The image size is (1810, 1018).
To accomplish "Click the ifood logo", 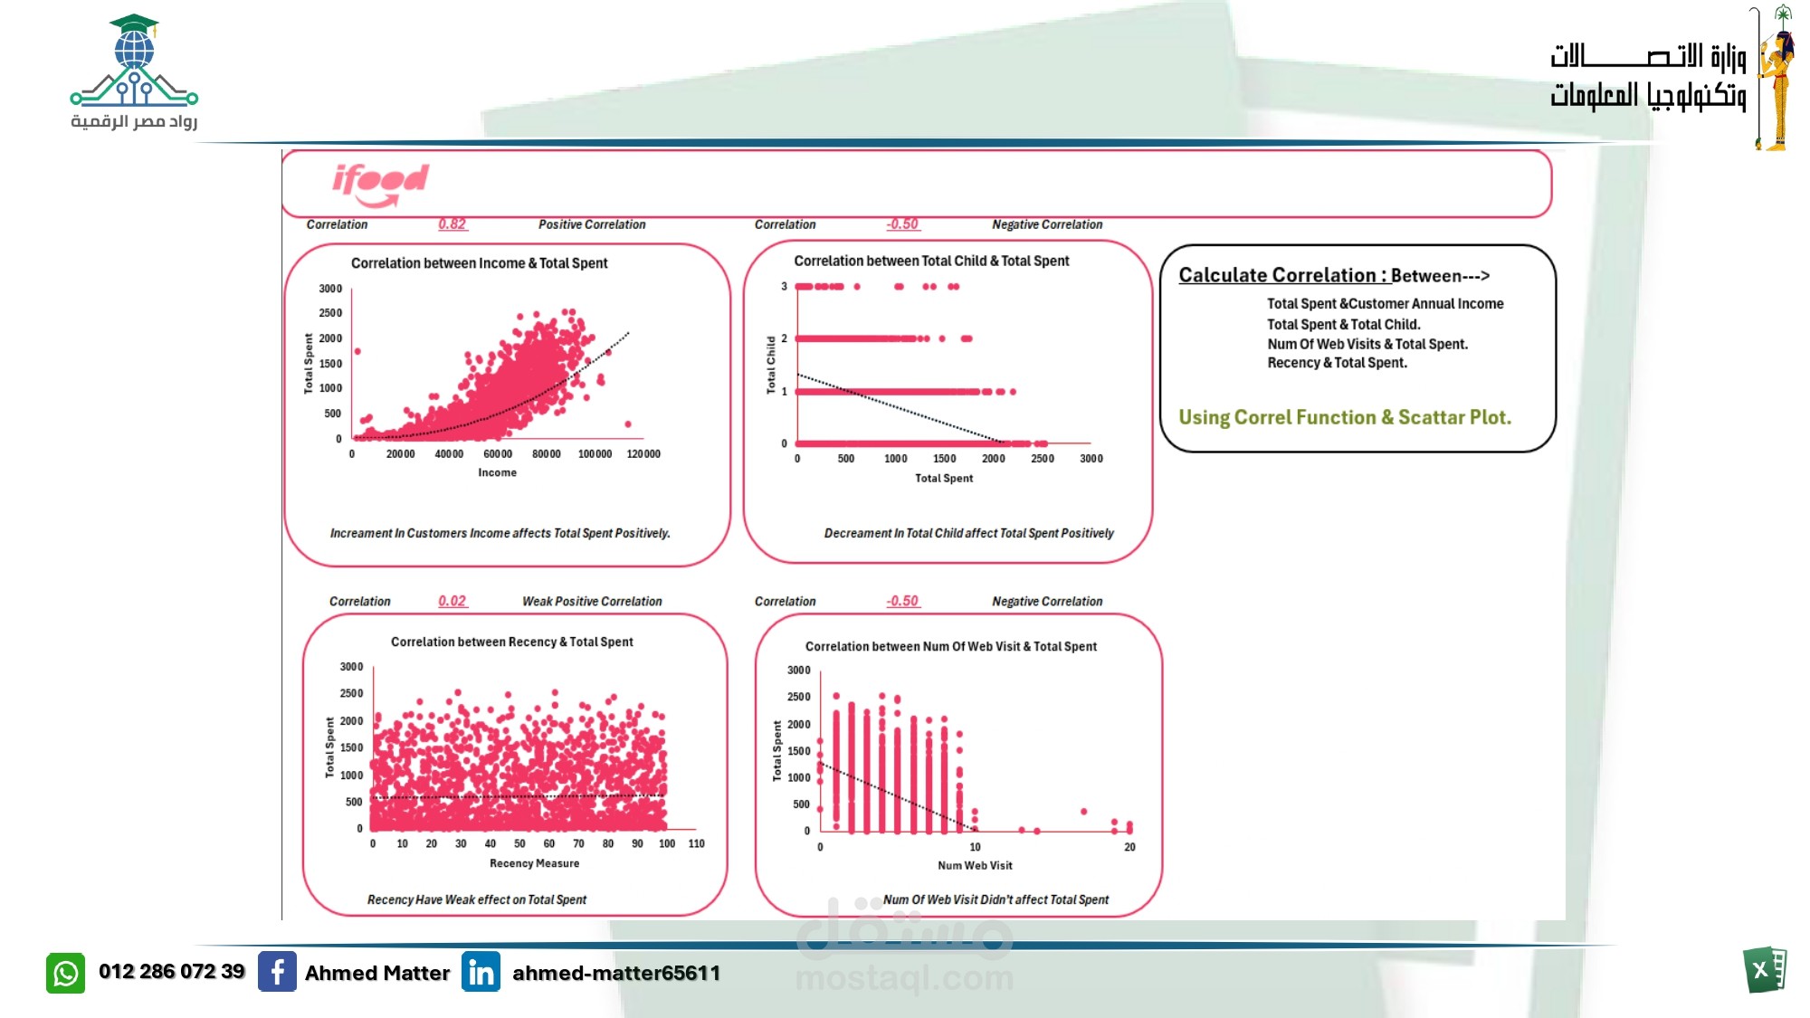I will [x=380, y=183].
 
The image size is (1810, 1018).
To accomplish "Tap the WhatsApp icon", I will [x=65, y=973].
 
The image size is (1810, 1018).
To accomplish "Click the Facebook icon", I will [x=277, y=972].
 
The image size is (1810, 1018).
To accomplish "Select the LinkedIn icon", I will [x=481, y=972].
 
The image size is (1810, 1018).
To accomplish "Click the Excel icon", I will [x=1764, y=970].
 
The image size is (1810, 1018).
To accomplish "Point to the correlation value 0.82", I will [x=452, y=224].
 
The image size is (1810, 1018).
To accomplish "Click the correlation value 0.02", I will [x=452, y=601].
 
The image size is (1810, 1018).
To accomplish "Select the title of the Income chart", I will [x=479, y=263].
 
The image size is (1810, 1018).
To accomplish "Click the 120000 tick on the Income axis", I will [x=643, y=454].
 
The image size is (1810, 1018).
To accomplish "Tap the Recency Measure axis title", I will [x=534, y=863].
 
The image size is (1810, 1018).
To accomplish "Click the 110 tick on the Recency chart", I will [x=696, y=843].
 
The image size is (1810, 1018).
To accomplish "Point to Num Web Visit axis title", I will [x=975, y=866].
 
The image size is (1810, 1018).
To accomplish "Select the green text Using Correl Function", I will [x=1344, y=417].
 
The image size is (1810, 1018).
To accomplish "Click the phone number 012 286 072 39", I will [x=172, y=972].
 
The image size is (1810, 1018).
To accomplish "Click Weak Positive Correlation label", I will [x=592, y=602].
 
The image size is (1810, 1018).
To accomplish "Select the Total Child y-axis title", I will [x=771, y=365].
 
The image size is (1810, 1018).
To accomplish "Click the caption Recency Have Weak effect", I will [x=476, y=899].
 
